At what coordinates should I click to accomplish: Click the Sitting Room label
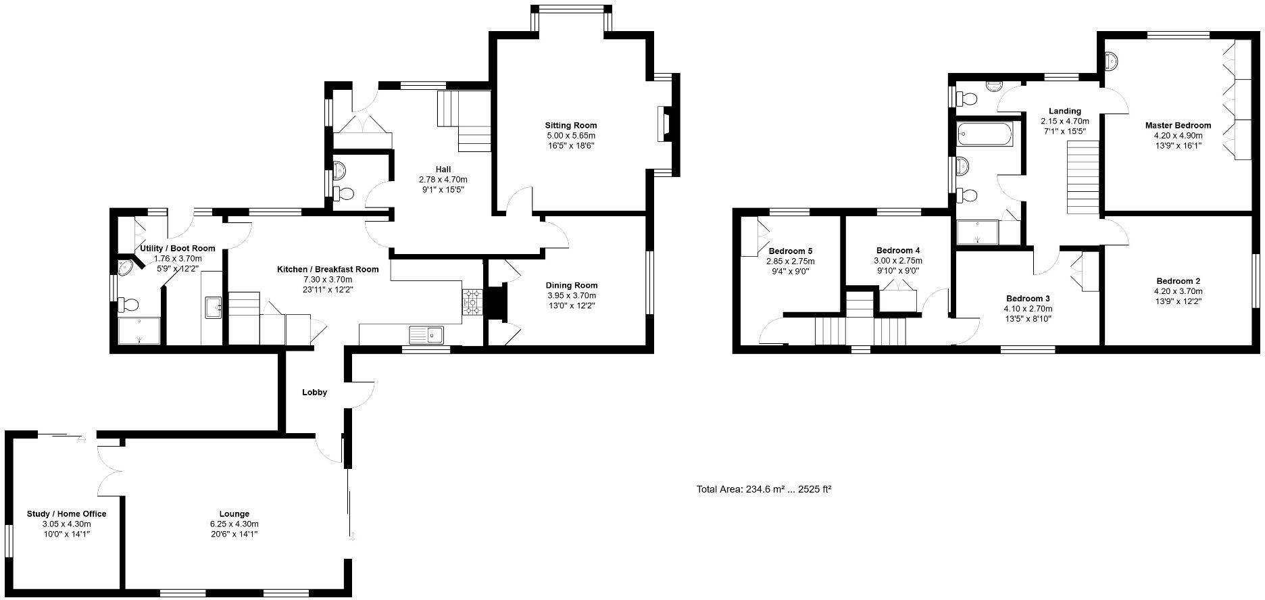pyautogui.click(x=571, y=125)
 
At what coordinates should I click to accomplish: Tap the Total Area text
pyautogui.click(x=764, y=489)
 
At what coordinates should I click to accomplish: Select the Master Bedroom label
pyautogui.click(x=1178, y=125)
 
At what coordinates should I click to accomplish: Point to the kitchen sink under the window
pyautogui.click(x=426, y=334)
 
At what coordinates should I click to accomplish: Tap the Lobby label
pyautogui.click(x=314, y=393)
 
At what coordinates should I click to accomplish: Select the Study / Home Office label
pyautogui.click(x=66, y=514)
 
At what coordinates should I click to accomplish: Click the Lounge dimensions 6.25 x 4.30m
pyautogui.click(x=234, y=524)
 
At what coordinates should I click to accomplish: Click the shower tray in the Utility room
pyautogui.click(x=139, y=330)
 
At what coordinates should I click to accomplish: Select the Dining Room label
pyautogui.click(x=572, y=285)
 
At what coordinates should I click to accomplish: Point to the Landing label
pyautogui.click(x=1064, y=111)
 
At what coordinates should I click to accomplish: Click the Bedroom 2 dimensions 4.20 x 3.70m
pyautogui.click(x=1178, y=291)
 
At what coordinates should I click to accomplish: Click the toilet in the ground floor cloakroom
pyautogui.click(x=344, y=194)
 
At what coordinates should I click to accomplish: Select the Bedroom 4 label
pyautogui.click(x=897, y=250)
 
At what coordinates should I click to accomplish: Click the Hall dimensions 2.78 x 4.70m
pyautogui.click(x=443, y=180)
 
